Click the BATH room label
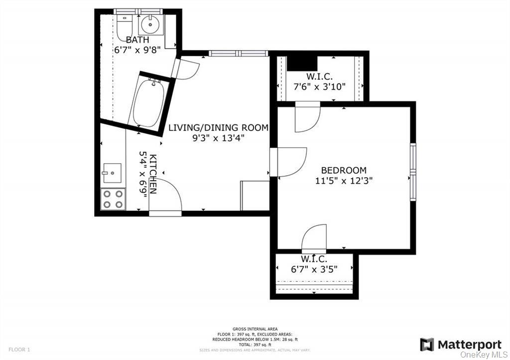point(137,40)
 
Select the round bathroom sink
point(148,23)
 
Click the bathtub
point(148,103)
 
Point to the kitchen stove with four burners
point(113,199)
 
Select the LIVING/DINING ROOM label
point(218,128)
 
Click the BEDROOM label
point(344,170)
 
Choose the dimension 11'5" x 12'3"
point(344,181)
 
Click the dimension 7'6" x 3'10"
point(319,86)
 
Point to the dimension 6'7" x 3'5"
point(314,269)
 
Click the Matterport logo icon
point(427,345)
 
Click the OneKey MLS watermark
point(483,354)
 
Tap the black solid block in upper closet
point(302,62)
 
